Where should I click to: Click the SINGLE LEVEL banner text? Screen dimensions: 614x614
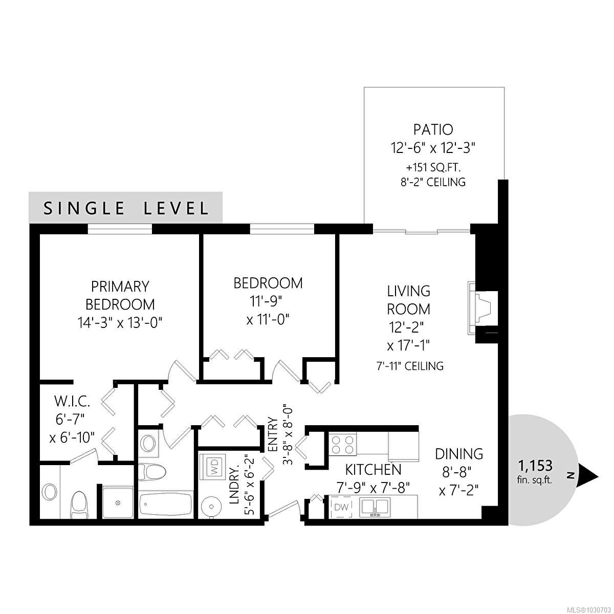point(126,208)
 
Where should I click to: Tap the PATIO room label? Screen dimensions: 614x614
point(433,129)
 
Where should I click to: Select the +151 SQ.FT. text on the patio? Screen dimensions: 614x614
point(433,167)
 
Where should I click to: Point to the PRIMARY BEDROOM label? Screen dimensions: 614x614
point(120,295)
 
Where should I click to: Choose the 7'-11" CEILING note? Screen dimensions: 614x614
point(408,366)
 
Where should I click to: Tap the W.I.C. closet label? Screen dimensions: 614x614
point(65,399)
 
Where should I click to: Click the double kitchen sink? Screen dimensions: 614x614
point(376,507)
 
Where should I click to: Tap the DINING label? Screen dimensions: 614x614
point(459,454)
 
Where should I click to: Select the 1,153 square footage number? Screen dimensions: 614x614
point(535,466)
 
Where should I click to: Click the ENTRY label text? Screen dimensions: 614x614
point(272,434)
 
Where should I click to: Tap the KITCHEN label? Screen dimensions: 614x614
point(373,469)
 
